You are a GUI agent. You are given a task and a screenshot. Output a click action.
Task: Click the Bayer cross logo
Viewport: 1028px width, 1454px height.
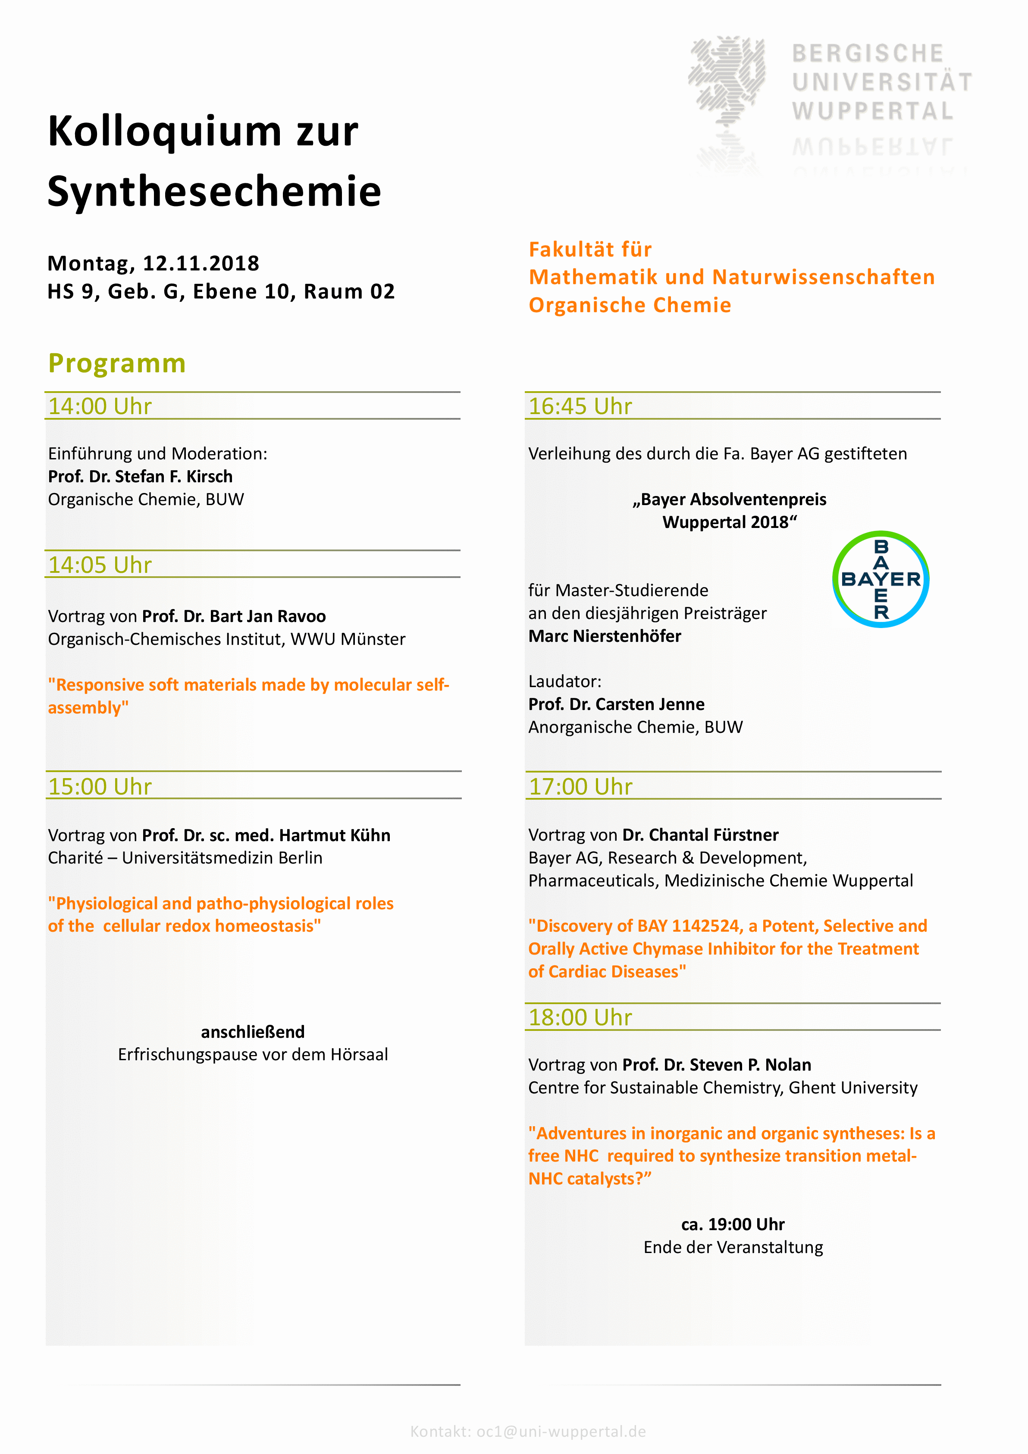coord(881,579)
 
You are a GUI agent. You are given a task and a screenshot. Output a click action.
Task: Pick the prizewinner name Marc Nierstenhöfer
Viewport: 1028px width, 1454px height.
coord(605,636)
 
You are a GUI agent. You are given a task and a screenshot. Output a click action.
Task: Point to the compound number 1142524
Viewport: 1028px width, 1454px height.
coord(705,926)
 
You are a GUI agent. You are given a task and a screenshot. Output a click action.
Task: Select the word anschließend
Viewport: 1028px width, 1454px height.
coord(253,1032)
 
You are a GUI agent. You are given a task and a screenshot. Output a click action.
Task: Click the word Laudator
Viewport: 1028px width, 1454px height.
coord(564,681)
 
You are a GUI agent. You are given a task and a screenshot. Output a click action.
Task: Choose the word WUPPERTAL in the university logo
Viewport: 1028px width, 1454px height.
coord(872,111)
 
